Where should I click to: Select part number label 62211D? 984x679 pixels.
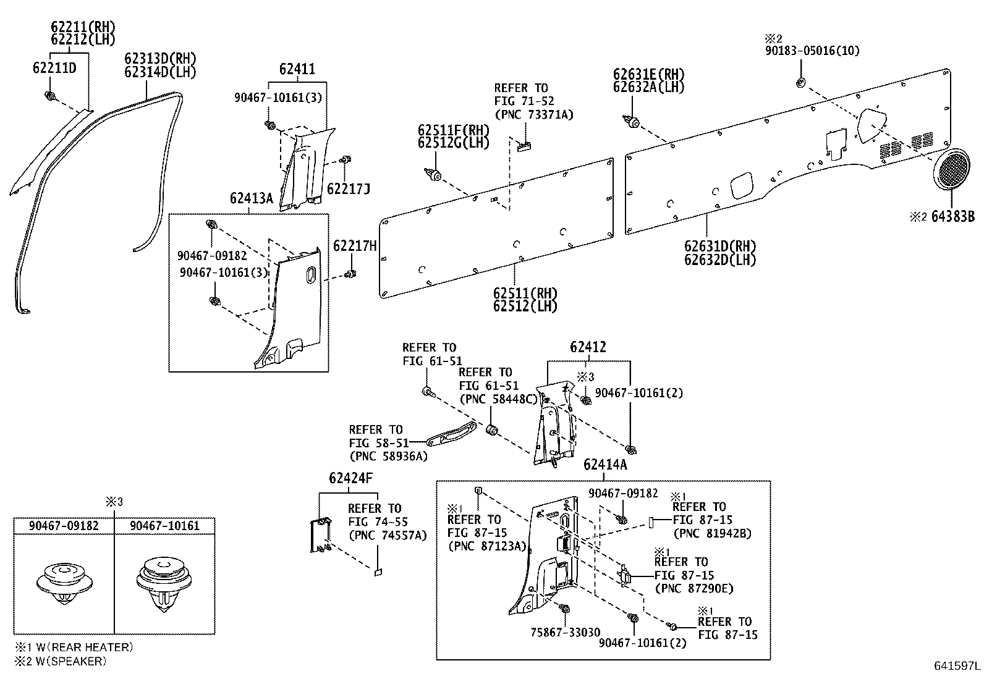54,67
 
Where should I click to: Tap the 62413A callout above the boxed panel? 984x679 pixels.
251,198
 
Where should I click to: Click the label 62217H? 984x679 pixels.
355,247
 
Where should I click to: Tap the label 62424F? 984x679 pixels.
350,478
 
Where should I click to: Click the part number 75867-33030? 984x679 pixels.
565,632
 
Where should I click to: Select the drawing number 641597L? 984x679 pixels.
956,666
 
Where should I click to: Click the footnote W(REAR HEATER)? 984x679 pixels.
81,647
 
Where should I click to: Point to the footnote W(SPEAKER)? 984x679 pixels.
68,661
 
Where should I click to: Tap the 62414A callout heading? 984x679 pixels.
604,465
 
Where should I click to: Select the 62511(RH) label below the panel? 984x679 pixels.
525,293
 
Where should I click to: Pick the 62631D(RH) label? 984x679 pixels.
719,246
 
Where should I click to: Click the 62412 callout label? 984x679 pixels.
588,347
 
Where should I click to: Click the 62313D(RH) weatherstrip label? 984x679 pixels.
160,59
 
